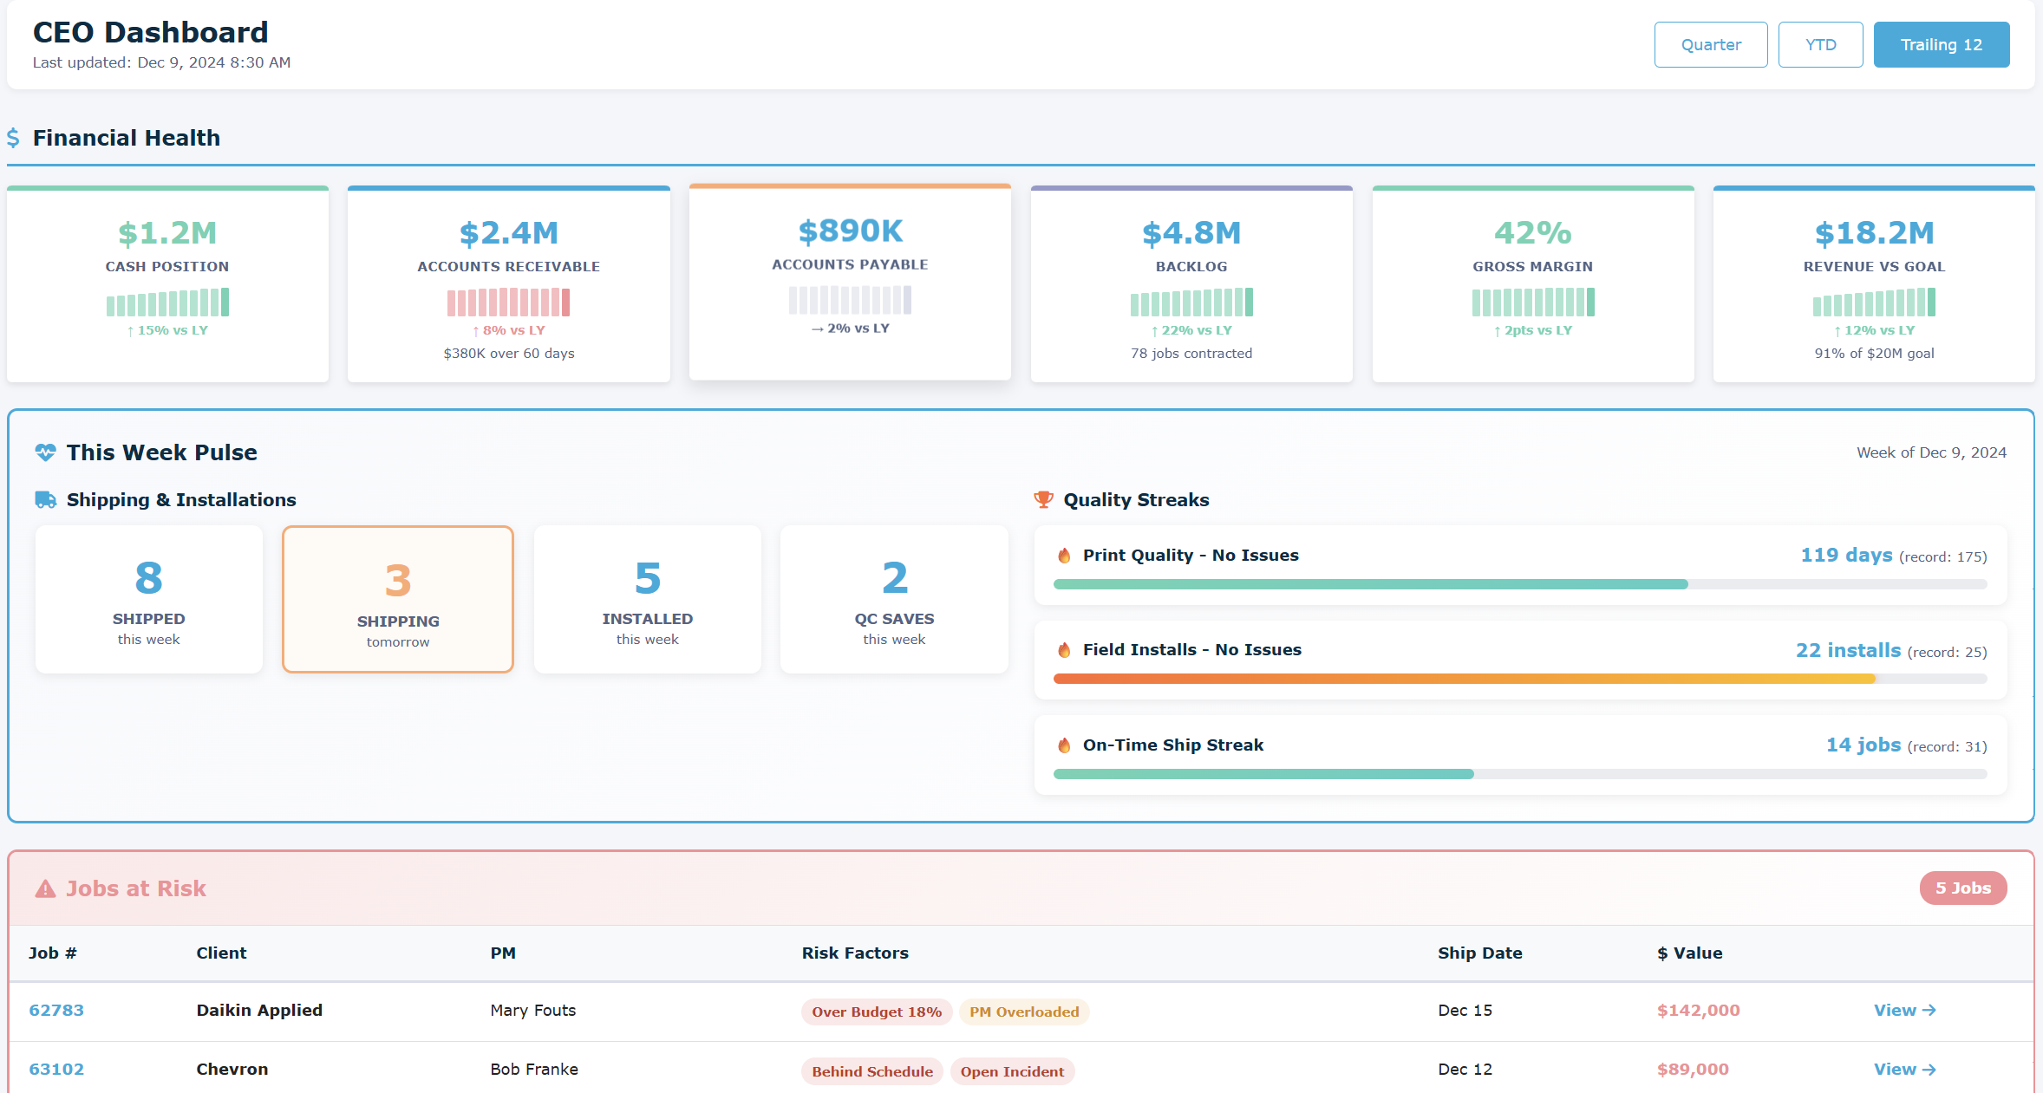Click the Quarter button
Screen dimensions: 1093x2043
click(x=1710, y=45)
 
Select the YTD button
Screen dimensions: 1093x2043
click(x=1820, y=45)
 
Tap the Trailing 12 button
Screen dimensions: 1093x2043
click(x=1941, y=45)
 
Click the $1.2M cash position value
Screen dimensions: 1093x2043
click(x=167, y=232)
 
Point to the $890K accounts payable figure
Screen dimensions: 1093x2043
click(x=850, y=231)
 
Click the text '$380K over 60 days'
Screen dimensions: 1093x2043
click(x=509, y=354)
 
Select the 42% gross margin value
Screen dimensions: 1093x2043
click(x=1532, y=232)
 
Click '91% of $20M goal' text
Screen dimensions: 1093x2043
click(x=1874, y=354)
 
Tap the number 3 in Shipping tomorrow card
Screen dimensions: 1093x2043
click(x=398, y=581)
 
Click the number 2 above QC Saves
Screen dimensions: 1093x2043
click(x=894, y=578)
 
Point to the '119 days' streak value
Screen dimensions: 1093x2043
click(x=1846, y=555)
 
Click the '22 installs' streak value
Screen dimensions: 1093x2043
click(x=1848, y=650)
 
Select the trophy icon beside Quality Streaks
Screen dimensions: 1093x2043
click(x=1043, y=500)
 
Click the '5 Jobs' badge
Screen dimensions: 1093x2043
click(x=1962, y=888)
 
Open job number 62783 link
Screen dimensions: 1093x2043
click(x=56, y=1010)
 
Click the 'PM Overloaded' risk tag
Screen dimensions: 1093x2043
click(x=1024, y=1012)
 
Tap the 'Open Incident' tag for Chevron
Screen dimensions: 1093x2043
click(x=1012, y=1071)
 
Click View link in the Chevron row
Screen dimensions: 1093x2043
click(x=1904, y=1069)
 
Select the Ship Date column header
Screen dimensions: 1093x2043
click(x=1479, y=953)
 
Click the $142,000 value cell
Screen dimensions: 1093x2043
click(x=1698, y=1010)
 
